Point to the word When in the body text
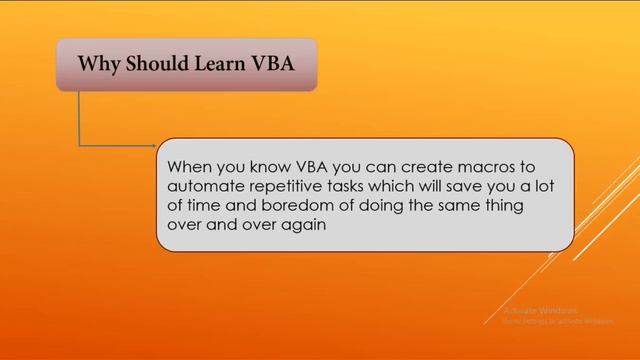(x=190, y=166)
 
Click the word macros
(x=462, y=166)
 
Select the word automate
(x=206, y=186)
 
